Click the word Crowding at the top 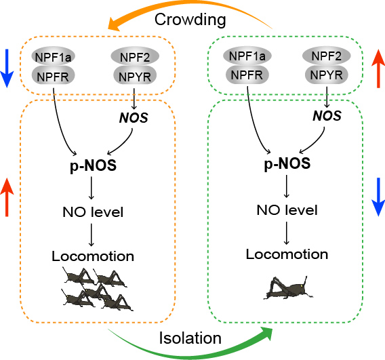pos(190,20)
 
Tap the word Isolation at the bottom pos(190,338)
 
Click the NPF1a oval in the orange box pos(53,56)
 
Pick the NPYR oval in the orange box pos(135,76)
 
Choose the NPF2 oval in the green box pos(326,56)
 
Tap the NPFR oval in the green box pos(247,75)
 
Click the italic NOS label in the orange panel pos(134,117)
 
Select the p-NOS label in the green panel pos(287,163)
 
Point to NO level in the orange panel pos(93,212)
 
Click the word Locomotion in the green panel pos(287,254)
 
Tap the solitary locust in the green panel pos(288,288)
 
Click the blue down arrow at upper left pos(7,68)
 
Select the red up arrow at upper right pos(378,68)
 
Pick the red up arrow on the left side pos(7,197)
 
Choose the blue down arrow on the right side pos(378,197)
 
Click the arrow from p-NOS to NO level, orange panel pos(92,188)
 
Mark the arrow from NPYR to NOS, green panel pos(327,97)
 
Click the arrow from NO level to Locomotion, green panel pos(286,233)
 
